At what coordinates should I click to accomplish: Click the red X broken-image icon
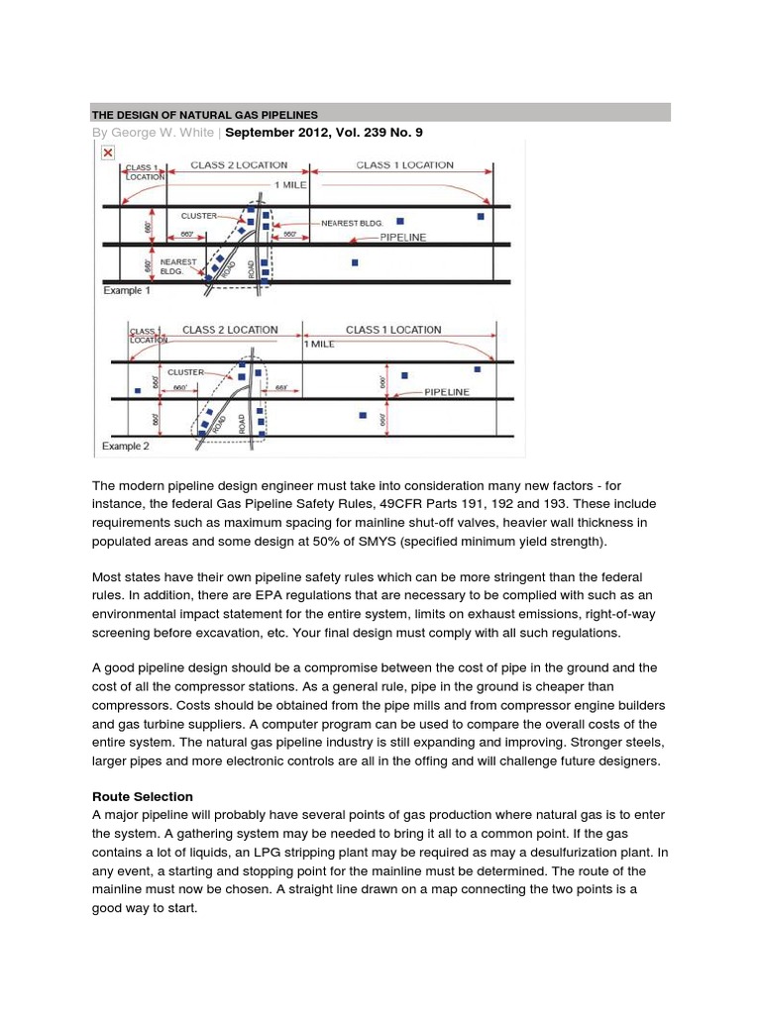[107, 152]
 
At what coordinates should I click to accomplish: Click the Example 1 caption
[128, 292]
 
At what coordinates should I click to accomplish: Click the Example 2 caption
[127, 447]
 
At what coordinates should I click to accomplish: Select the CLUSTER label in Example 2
[185, 372]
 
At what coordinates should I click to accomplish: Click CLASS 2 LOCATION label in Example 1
[239, 165]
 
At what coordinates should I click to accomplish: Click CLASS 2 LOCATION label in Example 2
[230, 330]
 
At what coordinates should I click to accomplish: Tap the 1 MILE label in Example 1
[288, 185]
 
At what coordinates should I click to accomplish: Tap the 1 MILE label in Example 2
[319, 344]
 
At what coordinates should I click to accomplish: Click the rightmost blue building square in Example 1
[481, 215]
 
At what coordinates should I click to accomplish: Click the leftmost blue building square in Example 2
[138, 391]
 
